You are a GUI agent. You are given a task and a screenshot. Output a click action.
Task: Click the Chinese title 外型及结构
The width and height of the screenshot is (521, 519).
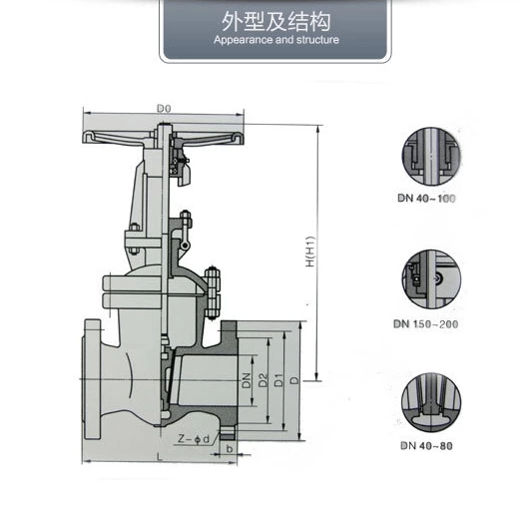click(x=276, y=22)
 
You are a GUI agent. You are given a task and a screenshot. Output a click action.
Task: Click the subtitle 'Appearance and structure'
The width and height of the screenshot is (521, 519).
click(x=276, y=41)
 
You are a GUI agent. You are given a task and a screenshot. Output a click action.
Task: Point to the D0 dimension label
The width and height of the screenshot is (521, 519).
click(x=165, y=106)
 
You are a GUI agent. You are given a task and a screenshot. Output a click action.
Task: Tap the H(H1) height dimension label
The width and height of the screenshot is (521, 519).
click(x=309, y=253)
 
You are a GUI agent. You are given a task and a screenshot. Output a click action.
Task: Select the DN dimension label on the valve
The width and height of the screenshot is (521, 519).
click(x=245, y=380)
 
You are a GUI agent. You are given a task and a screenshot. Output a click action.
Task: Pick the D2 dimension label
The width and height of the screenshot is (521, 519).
click(x=261, y=380)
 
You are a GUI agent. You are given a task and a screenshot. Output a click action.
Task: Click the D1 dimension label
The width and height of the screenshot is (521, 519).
click(x=278, y=380)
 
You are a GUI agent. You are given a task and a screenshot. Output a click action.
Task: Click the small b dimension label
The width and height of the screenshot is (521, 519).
click(x=231, y=450)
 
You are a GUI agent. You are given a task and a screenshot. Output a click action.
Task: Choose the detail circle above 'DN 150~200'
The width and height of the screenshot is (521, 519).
click(x=430, y=279)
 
